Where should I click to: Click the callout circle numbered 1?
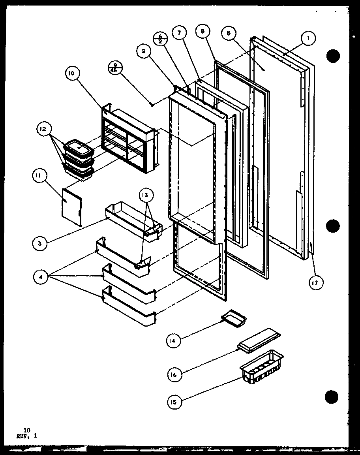pos(308,38)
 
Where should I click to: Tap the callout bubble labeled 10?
pos(73,73)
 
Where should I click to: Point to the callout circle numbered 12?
pos(43,129)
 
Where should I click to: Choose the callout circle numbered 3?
pos(39,244)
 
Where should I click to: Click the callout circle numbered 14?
pos(173,340)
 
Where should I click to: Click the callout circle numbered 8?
pos(202,32)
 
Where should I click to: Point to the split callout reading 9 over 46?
pos(115,68)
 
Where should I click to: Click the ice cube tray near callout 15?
pos(261,367)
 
